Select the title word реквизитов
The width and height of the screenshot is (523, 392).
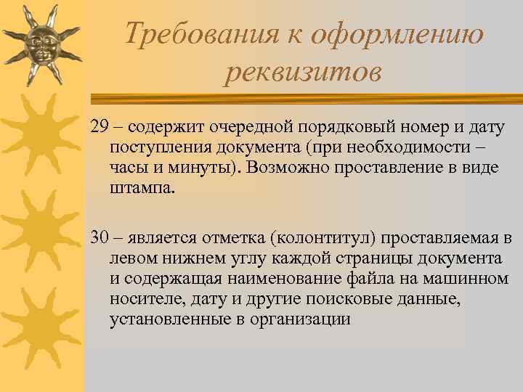[x=303, y=71]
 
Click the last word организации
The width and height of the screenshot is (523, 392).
[x=300, y=318]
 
